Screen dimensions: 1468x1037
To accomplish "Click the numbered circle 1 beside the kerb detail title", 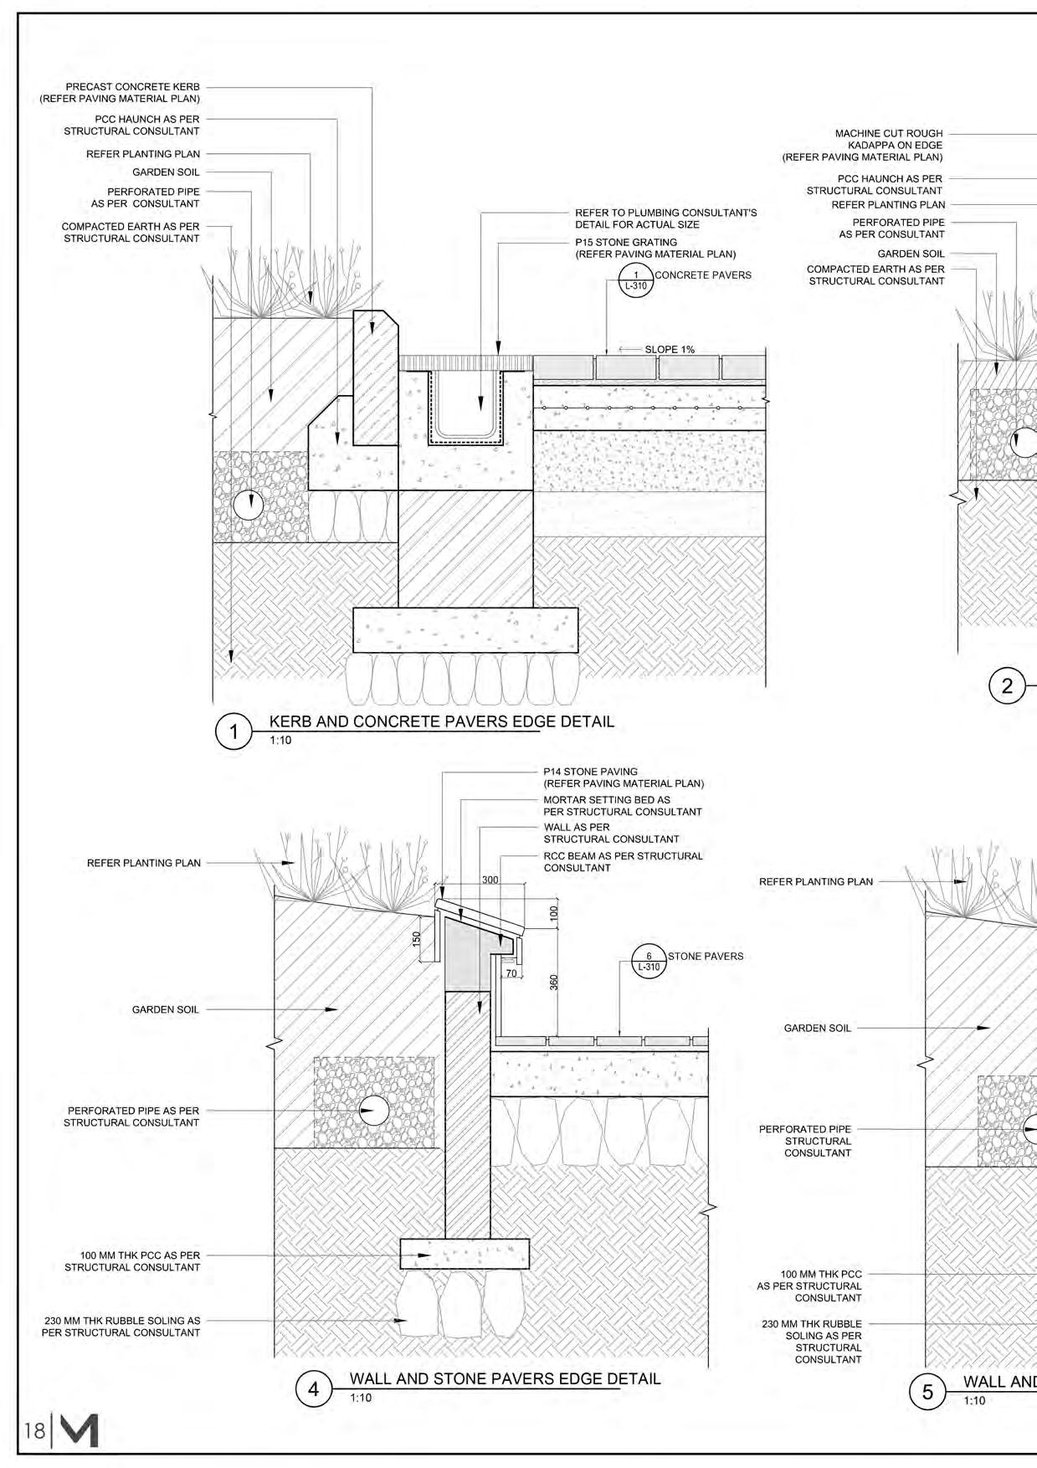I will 234,731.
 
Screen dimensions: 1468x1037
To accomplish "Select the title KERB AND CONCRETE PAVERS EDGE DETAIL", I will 441,721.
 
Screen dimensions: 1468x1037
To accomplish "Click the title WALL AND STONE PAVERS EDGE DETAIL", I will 505,1378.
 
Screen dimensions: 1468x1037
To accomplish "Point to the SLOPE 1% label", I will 669,350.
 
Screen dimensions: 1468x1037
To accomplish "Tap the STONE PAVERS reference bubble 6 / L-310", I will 648,962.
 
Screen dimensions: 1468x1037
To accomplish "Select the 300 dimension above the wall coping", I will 490,880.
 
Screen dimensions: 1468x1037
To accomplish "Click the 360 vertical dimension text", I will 553,982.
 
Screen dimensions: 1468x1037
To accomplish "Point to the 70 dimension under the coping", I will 511,973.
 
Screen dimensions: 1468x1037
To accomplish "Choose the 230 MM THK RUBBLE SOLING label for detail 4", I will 121,1327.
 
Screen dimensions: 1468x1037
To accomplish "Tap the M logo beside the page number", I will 80,1430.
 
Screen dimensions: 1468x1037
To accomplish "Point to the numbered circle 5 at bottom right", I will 927,1392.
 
